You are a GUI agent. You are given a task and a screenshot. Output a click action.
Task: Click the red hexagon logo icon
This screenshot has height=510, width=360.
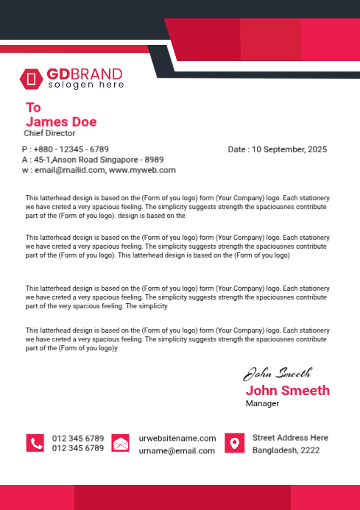point(32,78)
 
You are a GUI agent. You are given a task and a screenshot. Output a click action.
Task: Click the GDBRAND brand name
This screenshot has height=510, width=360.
point(85,74)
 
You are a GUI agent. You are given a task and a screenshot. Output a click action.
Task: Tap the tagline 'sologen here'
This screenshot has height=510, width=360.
point(86,85)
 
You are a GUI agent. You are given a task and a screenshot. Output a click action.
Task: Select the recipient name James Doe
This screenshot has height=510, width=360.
point(61,121)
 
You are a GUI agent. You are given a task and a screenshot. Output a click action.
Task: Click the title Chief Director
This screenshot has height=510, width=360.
point(49,134)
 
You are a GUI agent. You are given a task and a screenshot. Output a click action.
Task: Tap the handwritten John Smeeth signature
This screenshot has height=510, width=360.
point(278,373)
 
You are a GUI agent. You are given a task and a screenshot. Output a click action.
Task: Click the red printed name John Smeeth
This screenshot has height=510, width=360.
point(287,390)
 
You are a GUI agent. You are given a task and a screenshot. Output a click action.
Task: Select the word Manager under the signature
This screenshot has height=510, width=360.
point(262,403)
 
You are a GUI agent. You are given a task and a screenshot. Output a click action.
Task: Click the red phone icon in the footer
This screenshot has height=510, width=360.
point(35,443)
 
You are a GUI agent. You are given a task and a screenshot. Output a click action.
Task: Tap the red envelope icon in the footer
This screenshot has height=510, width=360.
point(121,443)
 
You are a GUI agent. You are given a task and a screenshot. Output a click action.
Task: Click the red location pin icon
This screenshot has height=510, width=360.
point(234,443)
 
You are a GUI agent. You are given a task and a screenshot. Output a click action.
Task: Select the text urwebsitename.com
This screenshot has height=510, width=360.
point(177,438)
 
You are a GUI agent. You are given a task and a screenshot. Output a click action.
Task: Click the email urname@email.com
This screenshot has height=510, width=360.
point(177,450)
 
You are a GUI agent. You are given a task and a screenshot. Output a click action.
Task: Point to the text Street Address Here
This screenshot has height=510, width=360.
point(290,437)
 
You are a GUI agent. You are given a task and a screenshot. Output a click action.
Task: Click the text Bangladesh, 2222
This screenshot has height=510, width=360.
point(286,450)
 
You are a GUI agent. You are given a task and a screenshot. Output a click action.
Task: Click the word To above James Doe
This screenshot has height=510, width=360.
point(33,107)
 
